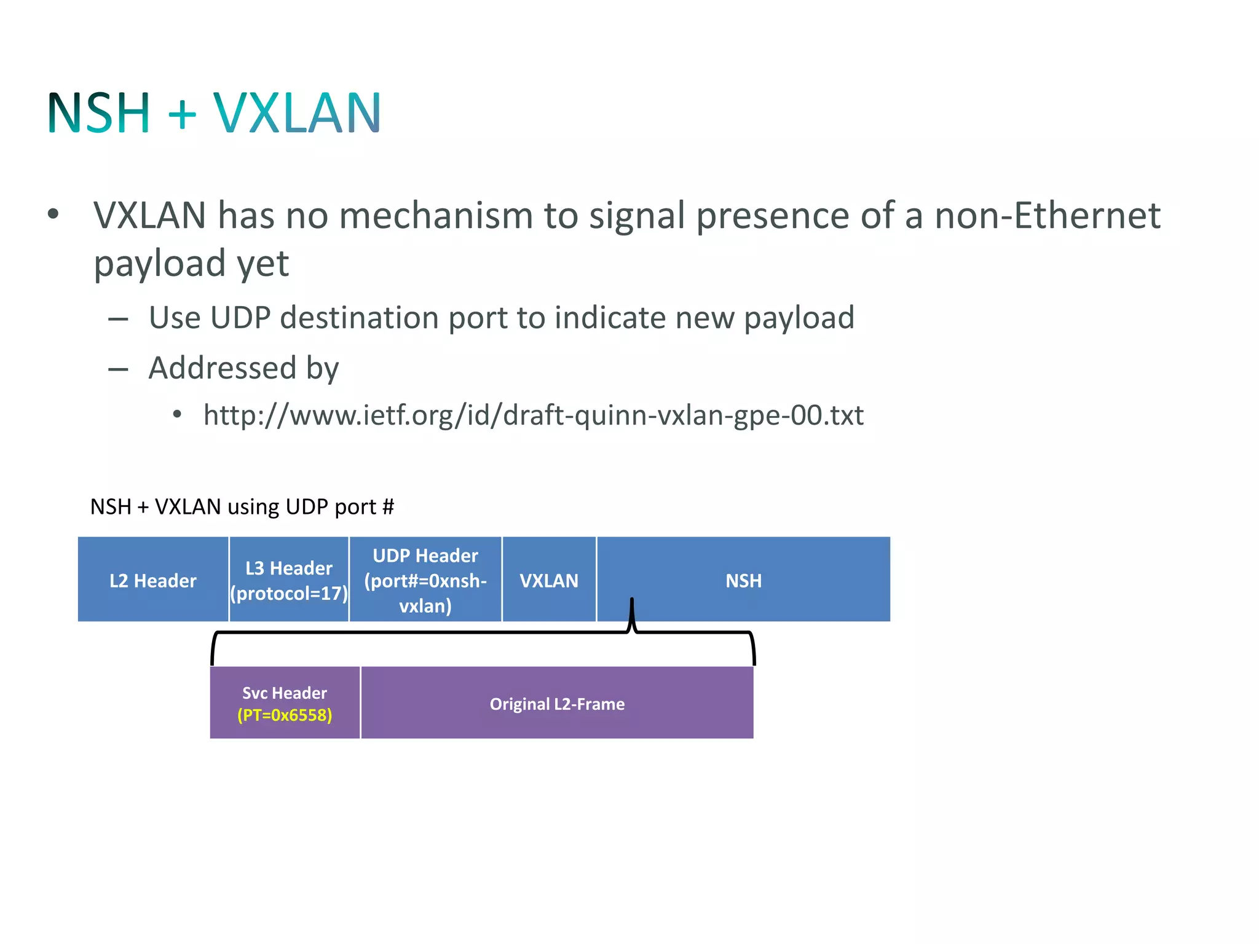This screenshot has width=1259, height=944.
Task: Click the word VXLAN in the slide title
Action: click(297, 113)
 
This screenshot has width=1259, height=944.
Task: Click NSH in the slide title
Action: click(98, 113)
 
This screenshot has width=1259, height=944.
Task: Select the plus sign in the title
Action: click(182, 114)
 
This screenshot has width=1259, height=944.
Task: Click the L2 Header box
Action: click(153, 580)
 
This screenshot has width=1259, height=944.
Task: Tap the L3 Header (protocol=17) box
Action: click(289, 580)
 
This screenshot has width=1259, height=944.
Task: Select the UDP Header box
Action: click(425, 580)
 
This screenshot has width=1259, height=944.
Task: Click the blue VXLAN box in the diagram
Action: click(549, 580)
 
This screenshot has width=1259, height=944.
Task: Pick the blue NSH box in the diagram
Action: click(743, 580)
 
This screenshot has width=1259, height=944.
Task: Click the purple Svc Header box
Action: click(285, 702)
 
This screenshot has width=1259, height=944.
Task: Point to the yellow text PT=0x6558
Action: click(285, 715)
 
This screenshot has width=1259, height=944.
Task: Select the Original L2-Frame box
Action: click(557, 703)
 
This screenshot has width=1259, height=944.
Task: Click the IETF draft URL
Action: click(534, 415)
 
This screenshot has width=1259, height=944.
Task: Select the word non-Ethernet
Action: click(1047, 216)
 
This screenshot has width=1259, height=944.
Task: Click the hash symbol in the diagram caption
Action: click(388, 507)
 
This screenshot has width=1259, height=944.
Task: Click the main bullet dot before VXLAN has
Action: click(53, 214)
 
